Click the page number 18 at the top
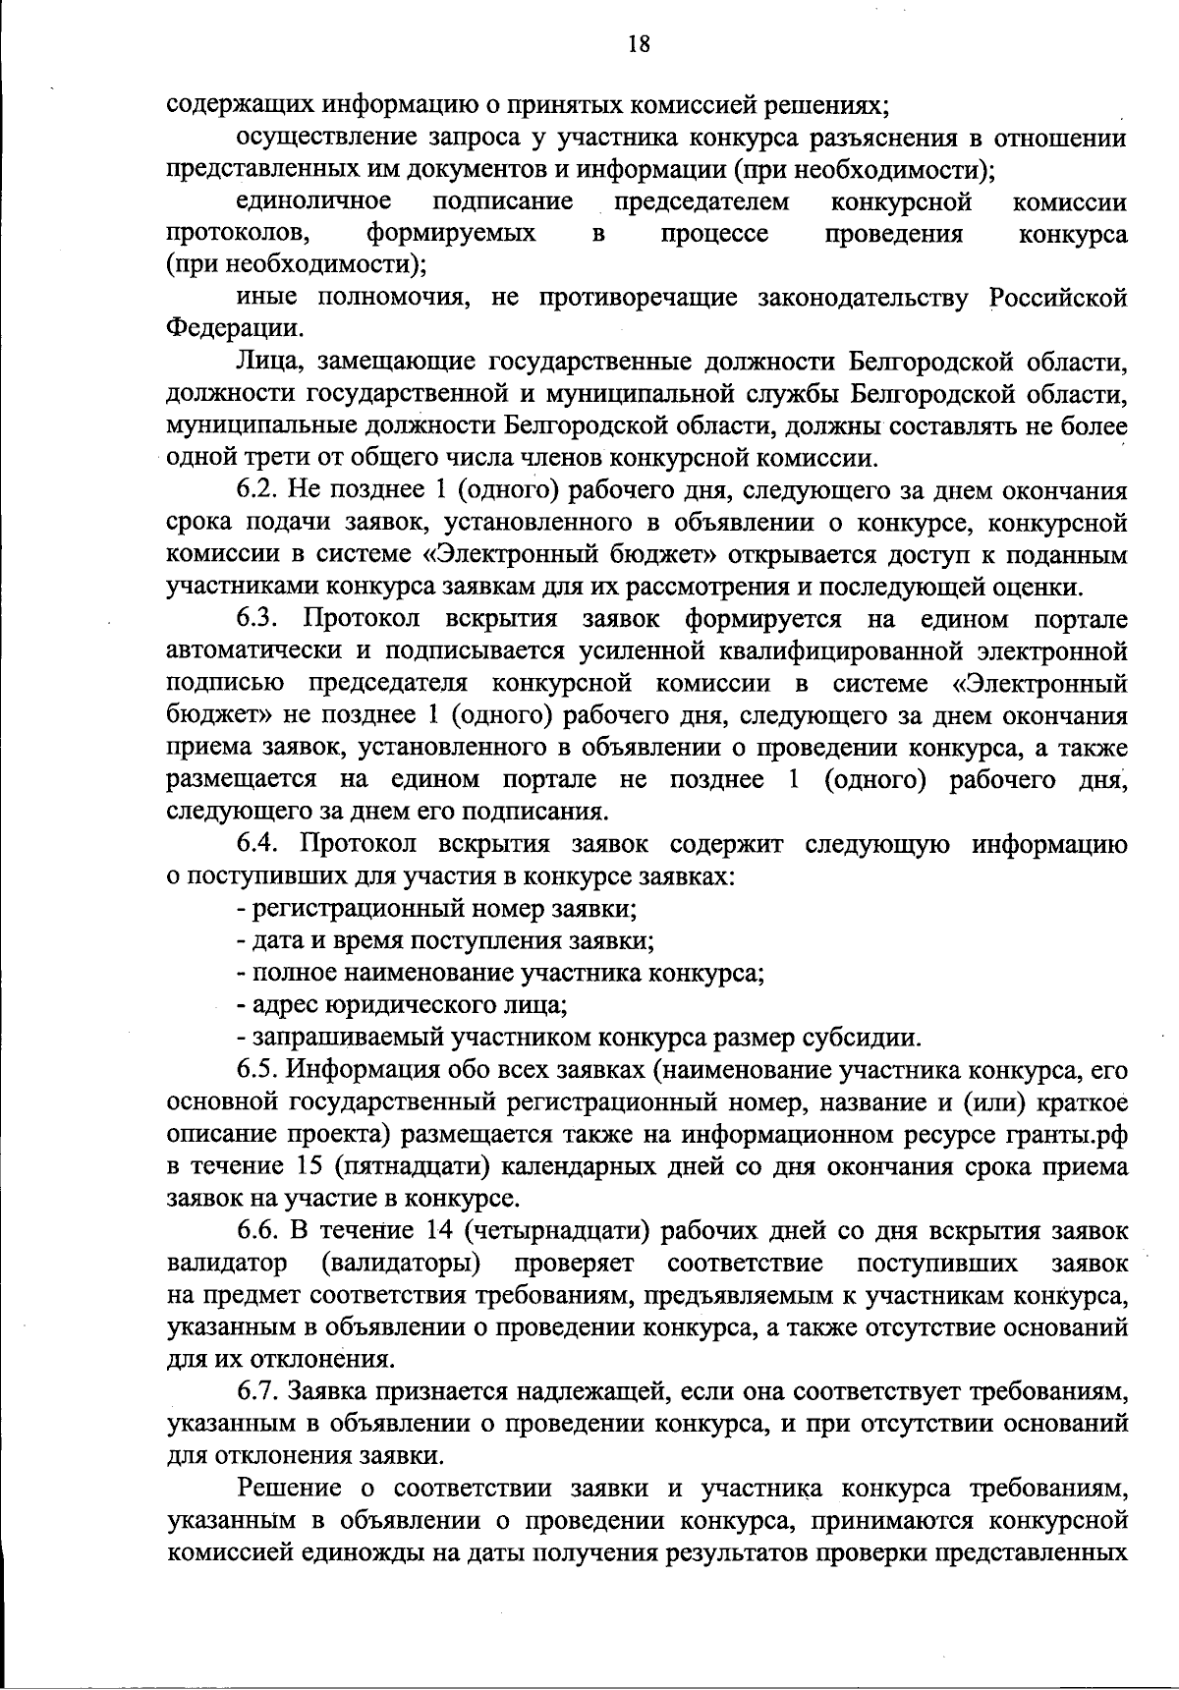coord(638,44)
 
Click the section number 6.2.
coord(259,491)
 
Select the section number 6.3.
coord(259,619)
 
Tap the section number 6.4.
coord(259,844)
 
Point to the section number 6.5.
coord(259,1070)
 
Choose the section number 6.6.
coord(259,1230)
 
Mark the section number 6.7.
coord(259,1391)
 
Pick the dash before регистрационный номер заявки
coord(242,909)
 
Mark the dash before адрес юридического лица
coord(242,1005)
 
